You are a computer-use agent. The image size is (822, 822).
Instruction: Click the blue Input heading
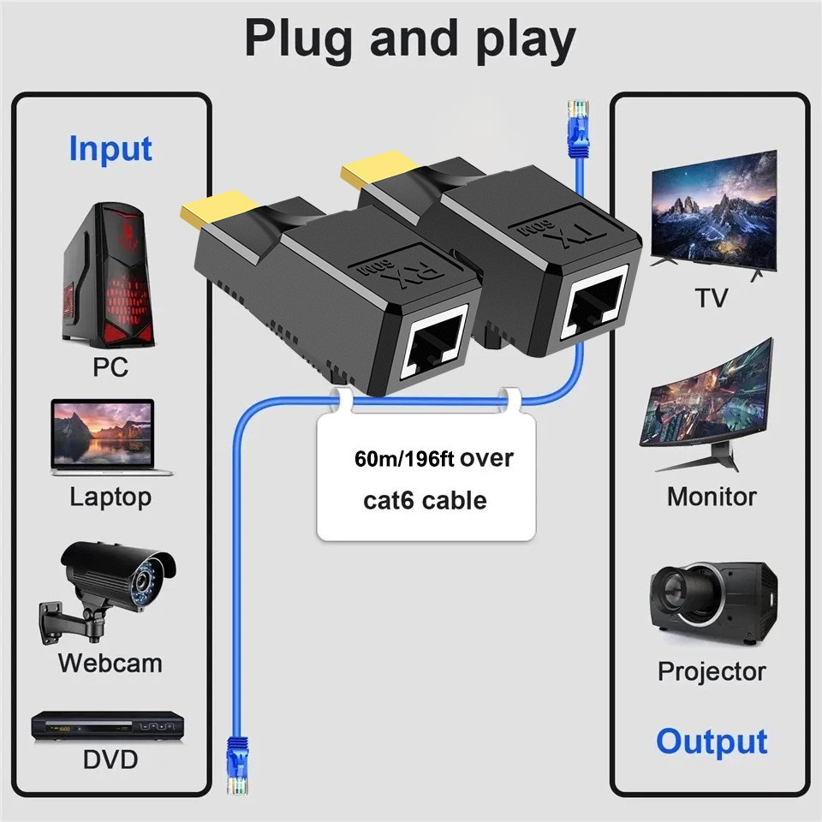click(x=110, y=149)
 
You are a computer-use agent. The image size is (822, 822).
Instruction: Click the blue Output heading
click(x=712, y=741)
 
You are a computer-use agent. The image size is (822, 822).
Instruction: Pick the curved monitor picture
click(x=708, y=402)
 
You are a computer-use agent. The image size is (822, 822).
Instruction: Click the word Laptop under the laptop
click(x=110, y=497)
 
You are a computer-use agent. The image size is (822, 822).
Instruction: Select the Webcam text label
click(x=110, y=663)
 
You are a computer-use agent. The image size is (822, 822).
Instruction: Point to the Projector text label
click(x=712, y=671)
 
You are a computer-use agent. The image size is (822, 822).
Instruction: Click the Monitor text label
click(x=712, y=497)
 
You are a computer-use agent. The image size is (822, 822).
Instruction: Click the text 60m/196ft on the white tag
click(x=406, y=459)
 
